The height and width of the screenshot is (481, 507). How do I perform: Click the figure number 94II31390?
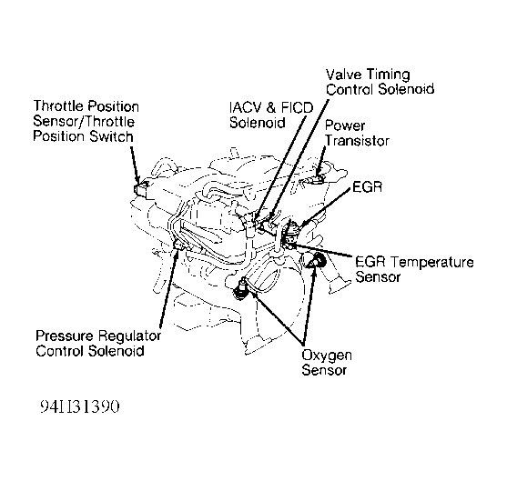[80, 406]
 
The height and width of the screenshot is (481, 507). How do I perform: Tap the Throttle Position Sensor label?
[86, 121]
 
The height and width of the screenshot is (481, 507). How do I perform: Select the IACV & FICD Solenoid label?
[271, 115]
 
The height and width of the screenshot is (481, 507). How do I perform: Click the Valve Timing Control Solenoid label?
[380, 82]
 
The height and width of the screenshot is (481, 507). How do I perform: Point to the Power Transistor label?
[357, 133]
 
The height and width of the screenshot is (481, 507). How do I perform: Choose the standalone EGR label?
[368, 186]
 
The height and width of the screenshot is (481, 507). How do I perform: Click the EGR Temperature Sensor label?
[414, 269]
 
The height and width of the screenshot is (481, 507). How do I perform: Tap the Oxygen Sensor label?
[327, 363]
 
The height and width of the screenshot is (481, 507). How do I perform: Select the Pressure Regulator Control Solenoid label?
[98, 343]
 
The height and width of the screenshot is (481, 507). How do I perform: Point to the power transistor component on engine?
[318, 179]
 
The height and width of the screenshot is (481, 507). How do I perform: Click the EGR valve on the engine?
[291, 232]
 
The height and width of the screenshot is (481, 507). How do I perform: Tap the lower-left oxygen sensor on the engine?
[240, 289]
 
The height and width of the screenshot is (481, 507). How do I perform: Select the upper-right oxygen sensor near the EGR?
[318, 260]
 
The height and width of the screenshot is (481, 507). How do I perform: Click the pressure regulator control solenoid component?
[178, 245]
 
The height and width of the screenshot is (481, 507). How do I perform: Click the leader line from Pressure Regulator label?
[168, 288]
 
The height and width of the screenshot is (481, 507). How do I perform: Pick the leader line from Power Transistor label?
[321, 160]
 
